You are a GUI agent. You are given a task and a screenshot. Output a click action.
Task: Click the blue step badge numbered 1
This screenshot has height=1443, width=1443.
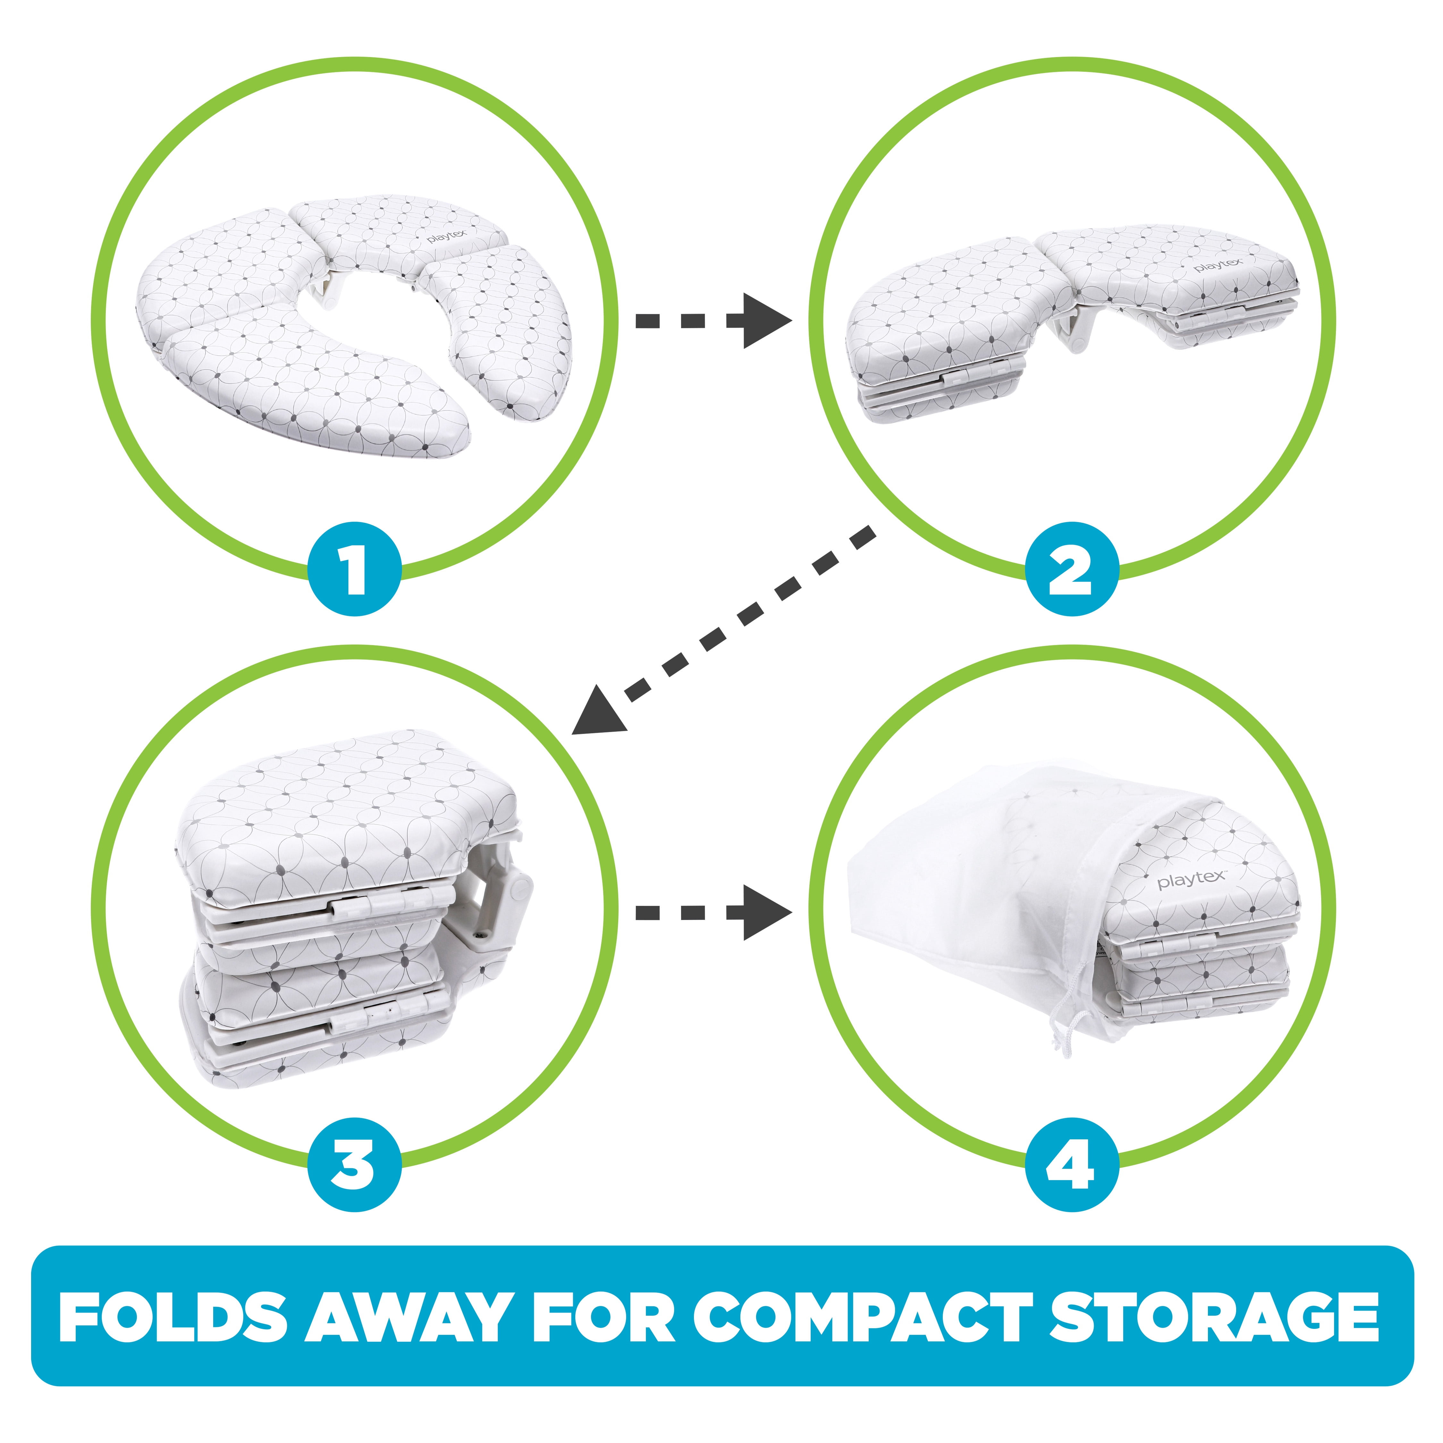point(355,569)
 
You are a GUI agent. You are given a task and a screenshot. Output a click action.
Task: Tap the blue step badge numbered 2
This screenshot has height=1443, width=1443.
point(1072,569)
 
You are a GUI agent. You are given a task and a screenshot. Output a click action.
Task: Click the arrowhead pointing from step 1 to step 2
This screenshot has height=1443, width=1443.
point(765,321)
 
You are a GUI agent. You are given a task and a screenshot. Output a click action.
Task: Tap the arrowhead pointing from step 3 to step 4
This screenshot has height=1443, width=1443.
point(765,912)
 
